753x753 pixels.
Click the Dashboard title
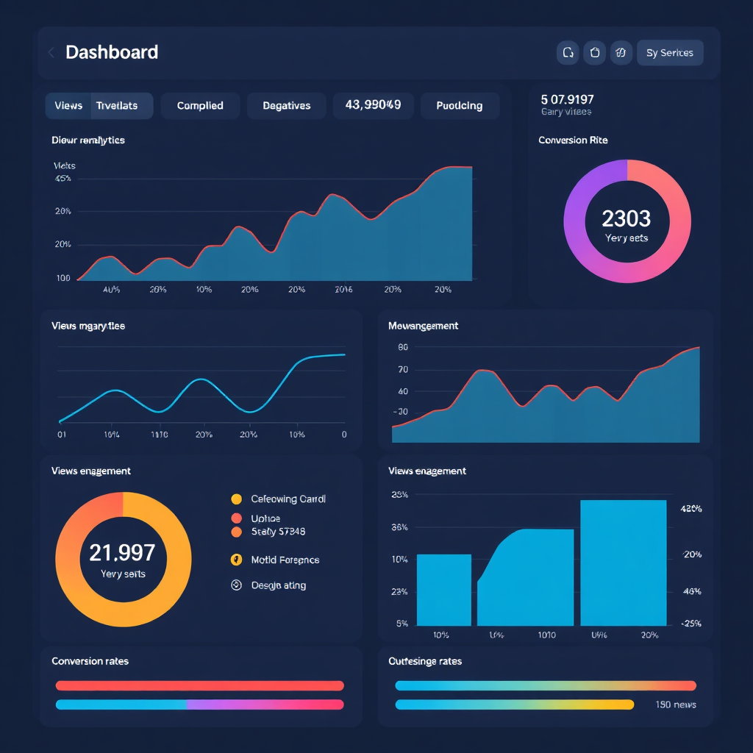[x=112, y=52]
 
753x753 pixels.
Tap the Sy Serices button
[x=669, y=53]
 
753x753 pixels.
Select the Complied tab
[x=200, y=106]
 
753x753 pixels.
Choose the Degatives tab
[x=287, y=106]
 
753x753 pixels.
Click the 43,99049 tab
[x=373, y=105]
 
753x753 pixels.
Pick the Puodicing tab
[x=460, y=106]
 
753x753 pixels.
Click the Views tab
[x=68, y=106]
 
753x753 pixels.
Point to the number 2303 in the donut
[x=626, y=218]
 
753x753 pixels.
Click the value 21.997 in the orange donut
[x=122, y=552]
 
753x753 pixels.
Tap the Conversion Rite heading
[x=573, y=140]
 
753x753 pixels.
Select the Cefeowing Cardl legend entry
[x=288, y=499]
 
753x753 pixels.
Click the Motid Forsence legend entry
[x=285, y=560]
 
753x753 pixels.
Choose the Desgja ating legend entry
[x=278, y=585]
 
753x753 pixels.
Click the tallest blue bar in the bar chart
[x=623, y=563]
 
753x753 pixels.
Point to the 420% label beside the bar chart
[x=691, y=508]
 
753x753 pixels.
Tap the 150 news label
[x=675, y=704]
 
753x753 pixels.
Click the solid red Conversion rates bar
[x=199, y=685]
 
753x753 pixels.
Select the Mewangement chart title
[x=423, y=326]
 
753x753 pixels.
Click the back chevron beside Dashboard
[x=51, y=52]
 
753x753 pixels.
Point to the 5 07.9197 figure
[x=567, y=99]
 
